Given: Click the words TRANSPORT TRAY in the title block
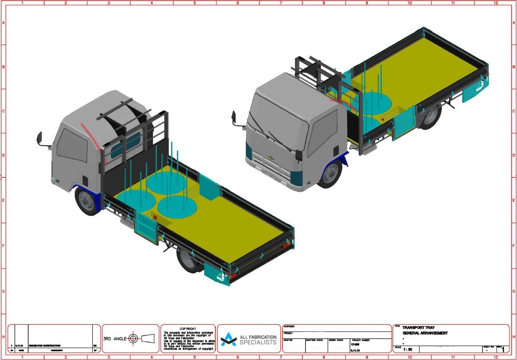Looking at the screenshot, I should pos(418,328).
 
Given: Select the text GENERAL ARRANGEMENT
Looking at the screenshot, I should pos(425,333).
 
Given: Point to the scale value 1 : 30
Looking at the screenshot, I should pos(408,349).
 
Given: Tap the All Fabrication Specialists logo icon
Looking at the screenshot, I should pos(228,340).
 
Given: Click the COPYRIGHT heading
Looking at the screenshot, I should pos(188,328).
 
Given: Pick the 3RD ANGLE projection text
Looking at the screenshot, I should pos(115,338).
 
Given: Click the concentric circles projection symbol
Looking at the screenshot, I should pos(133,338).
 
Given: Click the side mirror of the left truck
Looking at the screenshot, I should pos(40,139).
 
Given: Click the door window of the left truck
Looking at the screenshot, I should pos(71,145).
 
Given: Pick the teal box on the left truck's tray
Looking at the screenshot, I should pos(209,188).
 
